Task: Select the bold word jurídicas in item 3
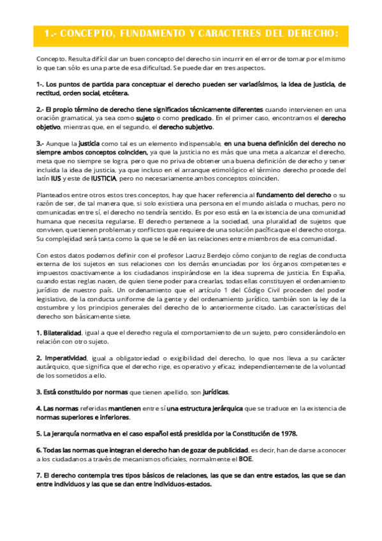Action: (211, 391)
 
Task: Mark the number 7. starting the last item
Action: (39, 475)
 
